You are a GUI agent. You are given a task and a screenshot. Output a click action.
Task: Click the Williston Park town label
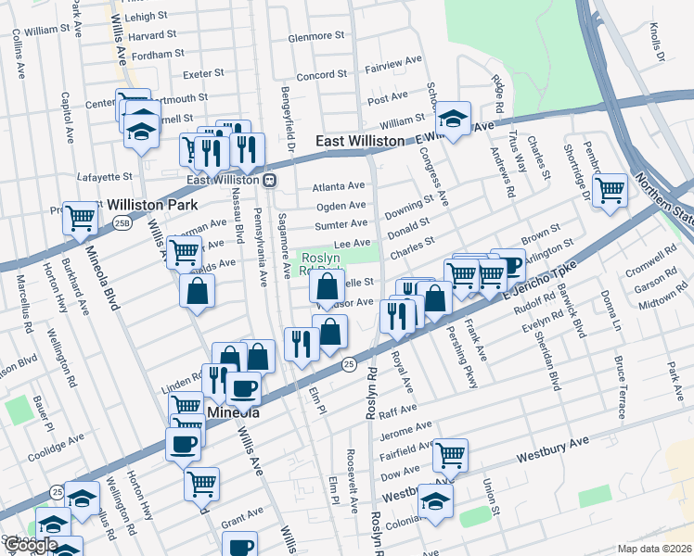coord(148,204)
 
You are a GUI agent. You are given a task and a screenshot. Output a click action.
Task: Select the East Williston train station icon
coord(269,180)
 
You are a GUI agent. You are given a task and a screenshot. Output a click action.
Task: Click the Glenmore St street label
coord(316,36)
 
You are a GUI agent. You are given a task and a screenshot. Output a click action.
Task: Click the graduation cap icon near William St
coord(453,118)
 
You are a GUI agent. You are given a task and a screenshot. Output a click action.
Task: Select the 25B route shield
coord(123,222)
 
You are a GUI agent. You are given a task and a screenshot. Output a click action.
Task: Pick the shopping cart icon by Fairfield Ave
coord(450,454)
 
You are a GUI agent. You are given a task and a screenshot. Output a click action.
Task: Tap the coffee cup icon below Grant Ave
coord(241,546)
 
